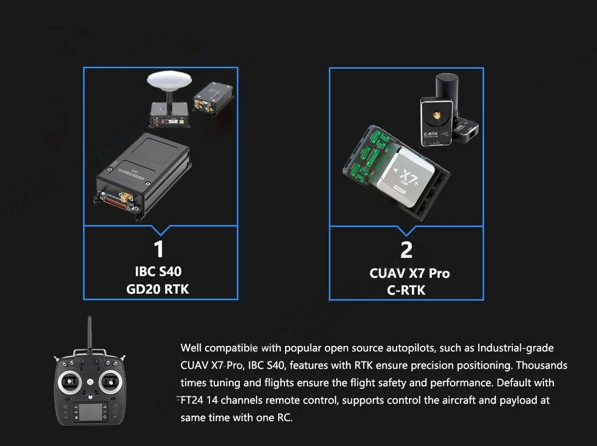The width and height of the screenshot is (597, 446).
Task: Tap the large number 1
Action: pos(159,249)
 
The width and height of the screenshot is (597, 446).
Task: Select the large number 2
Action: pos(406,250)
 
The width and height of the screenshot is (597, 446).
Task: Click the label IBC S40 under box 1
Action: pos(158,271)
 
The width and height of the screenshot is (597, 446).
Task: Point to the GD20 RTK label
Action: pos(158,289)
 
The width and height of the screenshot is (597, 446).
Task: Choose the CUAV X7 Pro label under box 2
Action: pos(409,273)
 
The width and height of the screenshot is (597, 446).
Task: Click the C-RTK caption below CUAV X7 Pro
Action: pos(406,290)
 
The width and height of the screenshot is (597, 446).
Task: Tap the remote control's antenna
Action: pos(89,334)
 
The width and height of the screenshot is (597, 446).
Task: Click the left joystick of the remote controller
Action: pos(70,381)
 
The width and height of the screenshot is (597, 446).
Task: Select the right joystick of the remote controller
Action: pos(110,382)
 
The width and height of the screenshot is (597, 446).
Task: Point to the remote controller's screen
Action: pos(91,412)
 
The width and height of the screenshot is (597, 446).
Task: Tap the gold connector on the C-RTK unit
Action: pos(436,115)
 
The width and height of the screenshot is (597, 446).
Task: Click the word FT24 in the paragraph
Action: pos(192,400)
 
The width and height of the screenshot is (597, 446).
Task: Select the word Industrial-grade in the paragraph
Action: pos(515,348)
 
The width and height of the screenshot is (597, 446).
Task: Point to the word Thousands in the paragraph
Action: pos(541,365)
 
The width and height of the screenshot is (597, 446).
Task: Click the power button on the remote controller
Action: pos(91,382)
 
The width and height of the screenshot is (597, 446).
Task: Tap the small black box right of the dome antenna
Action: pos(213,99)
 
